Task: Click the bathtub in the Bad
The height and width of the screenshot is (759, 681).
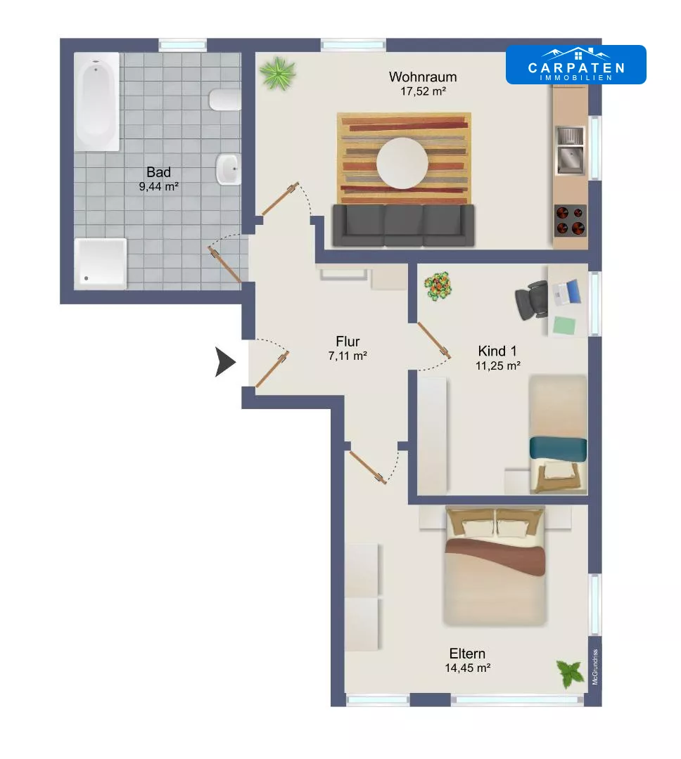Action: pyautogui.click(x=96, y=101)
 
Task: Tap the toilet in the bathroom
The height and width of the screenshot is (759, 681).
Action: pyautogui.click(x=225, y=100)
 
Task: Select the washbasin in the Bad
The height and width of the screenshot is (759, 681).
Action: pyautogui.click(x=229, y=169)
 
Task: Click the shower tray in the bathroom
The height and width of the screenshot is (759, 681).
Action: pyautogui.click(x=101, y=264)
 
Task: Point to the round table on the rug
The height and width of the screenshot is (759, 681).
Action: pyautogui.click(x=402, y=162)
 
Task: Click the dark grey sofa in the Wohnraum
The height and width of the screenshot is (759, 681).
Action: pyautogui.click(x=403, y=225)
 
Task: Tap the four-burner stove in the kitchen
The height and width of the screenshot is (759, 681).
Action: pyautogui.click(x=571, y=220)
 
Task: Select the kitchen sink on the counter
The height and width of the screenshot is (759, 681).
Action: pyautogui.click(x=570, y=150)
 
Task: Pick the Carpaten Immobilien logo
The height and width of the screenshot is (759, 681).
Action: pyautogui.click(x=575, y=65)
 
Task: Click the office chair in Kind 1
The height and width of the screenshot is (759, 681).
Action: pyautogui.click(x=532, y=300)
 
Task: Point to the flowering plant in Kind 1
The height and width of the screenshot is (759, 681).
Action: pyautogui.click(x=438, y=286)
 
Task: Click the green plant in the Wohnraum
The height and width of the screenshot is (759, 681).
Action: pyautogui.click(x=277, y=74)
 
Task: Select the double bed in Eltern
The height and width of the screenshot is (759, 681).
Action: pyautogui.click(x=495, y=565)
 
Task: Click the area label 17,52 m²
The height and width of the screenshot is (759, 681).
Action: pyautogui.click(x=423, y=91)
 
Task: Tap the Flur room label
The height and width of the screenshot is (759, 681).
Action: pyautogui.click(x=348, y=342)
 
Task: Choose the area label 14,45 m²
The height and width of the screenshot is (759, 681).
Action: pyautogui.click(x=468, y=668)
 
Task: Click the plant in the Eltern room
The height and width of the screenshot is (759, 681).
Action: pyautogui.click(x=570, y=673)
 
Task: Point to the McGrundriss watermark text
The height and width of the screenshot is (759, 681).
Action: pyautogui.click(x=595, y=667)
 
